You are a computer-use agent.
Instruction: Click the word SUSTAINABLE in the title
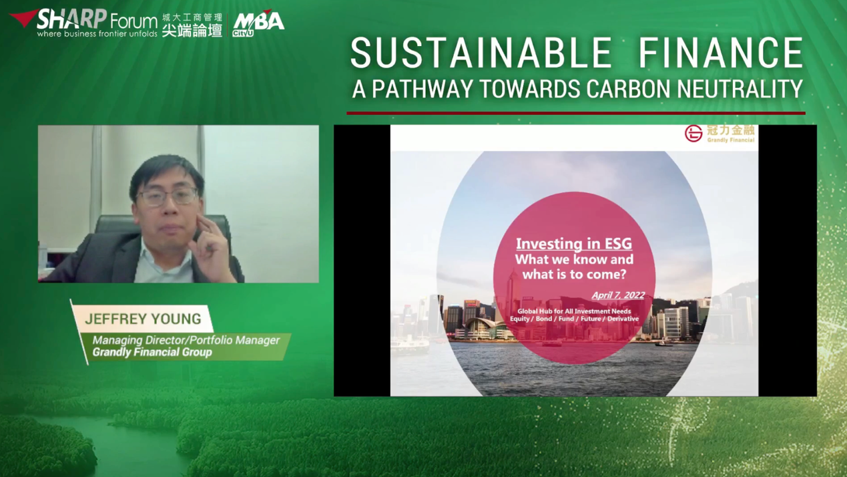[481, 53]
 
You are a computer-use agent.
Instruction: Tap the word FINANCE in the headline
[721, 53]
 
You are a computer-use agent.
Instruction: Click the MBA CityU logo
[258, 23]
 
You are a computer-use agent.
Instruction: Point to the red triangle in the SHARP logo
[23, 18]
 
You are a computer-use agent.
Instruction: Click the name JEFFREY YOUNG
[143, 319]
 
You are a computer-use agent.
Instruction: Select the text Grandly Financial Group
[152, 352]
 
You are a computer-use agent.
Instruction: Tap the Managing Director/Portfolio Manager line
[186, 340]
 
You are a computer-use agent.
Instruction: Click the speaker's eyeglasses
[167, 197]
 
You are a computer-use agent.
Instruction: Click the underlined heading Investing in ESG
[574, 243]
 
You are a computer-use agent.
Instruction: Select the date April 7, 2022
[618, 295]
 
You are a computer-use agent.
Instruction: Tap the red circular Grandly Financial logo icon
[693, 134]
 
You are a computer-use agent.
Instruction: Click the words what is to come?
[574, 274]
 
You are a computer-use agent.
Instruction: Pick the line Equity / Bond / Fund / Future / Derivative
[574, 319]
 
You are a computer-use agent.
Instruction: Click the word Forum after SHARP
[134, 21]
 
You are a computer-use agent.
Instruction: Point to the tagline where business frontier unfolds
[97, 33]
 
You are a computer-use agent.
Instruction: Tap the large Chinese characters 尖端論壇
[192, 30]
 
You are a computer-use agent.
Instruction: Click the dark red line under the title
[576, 113]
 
